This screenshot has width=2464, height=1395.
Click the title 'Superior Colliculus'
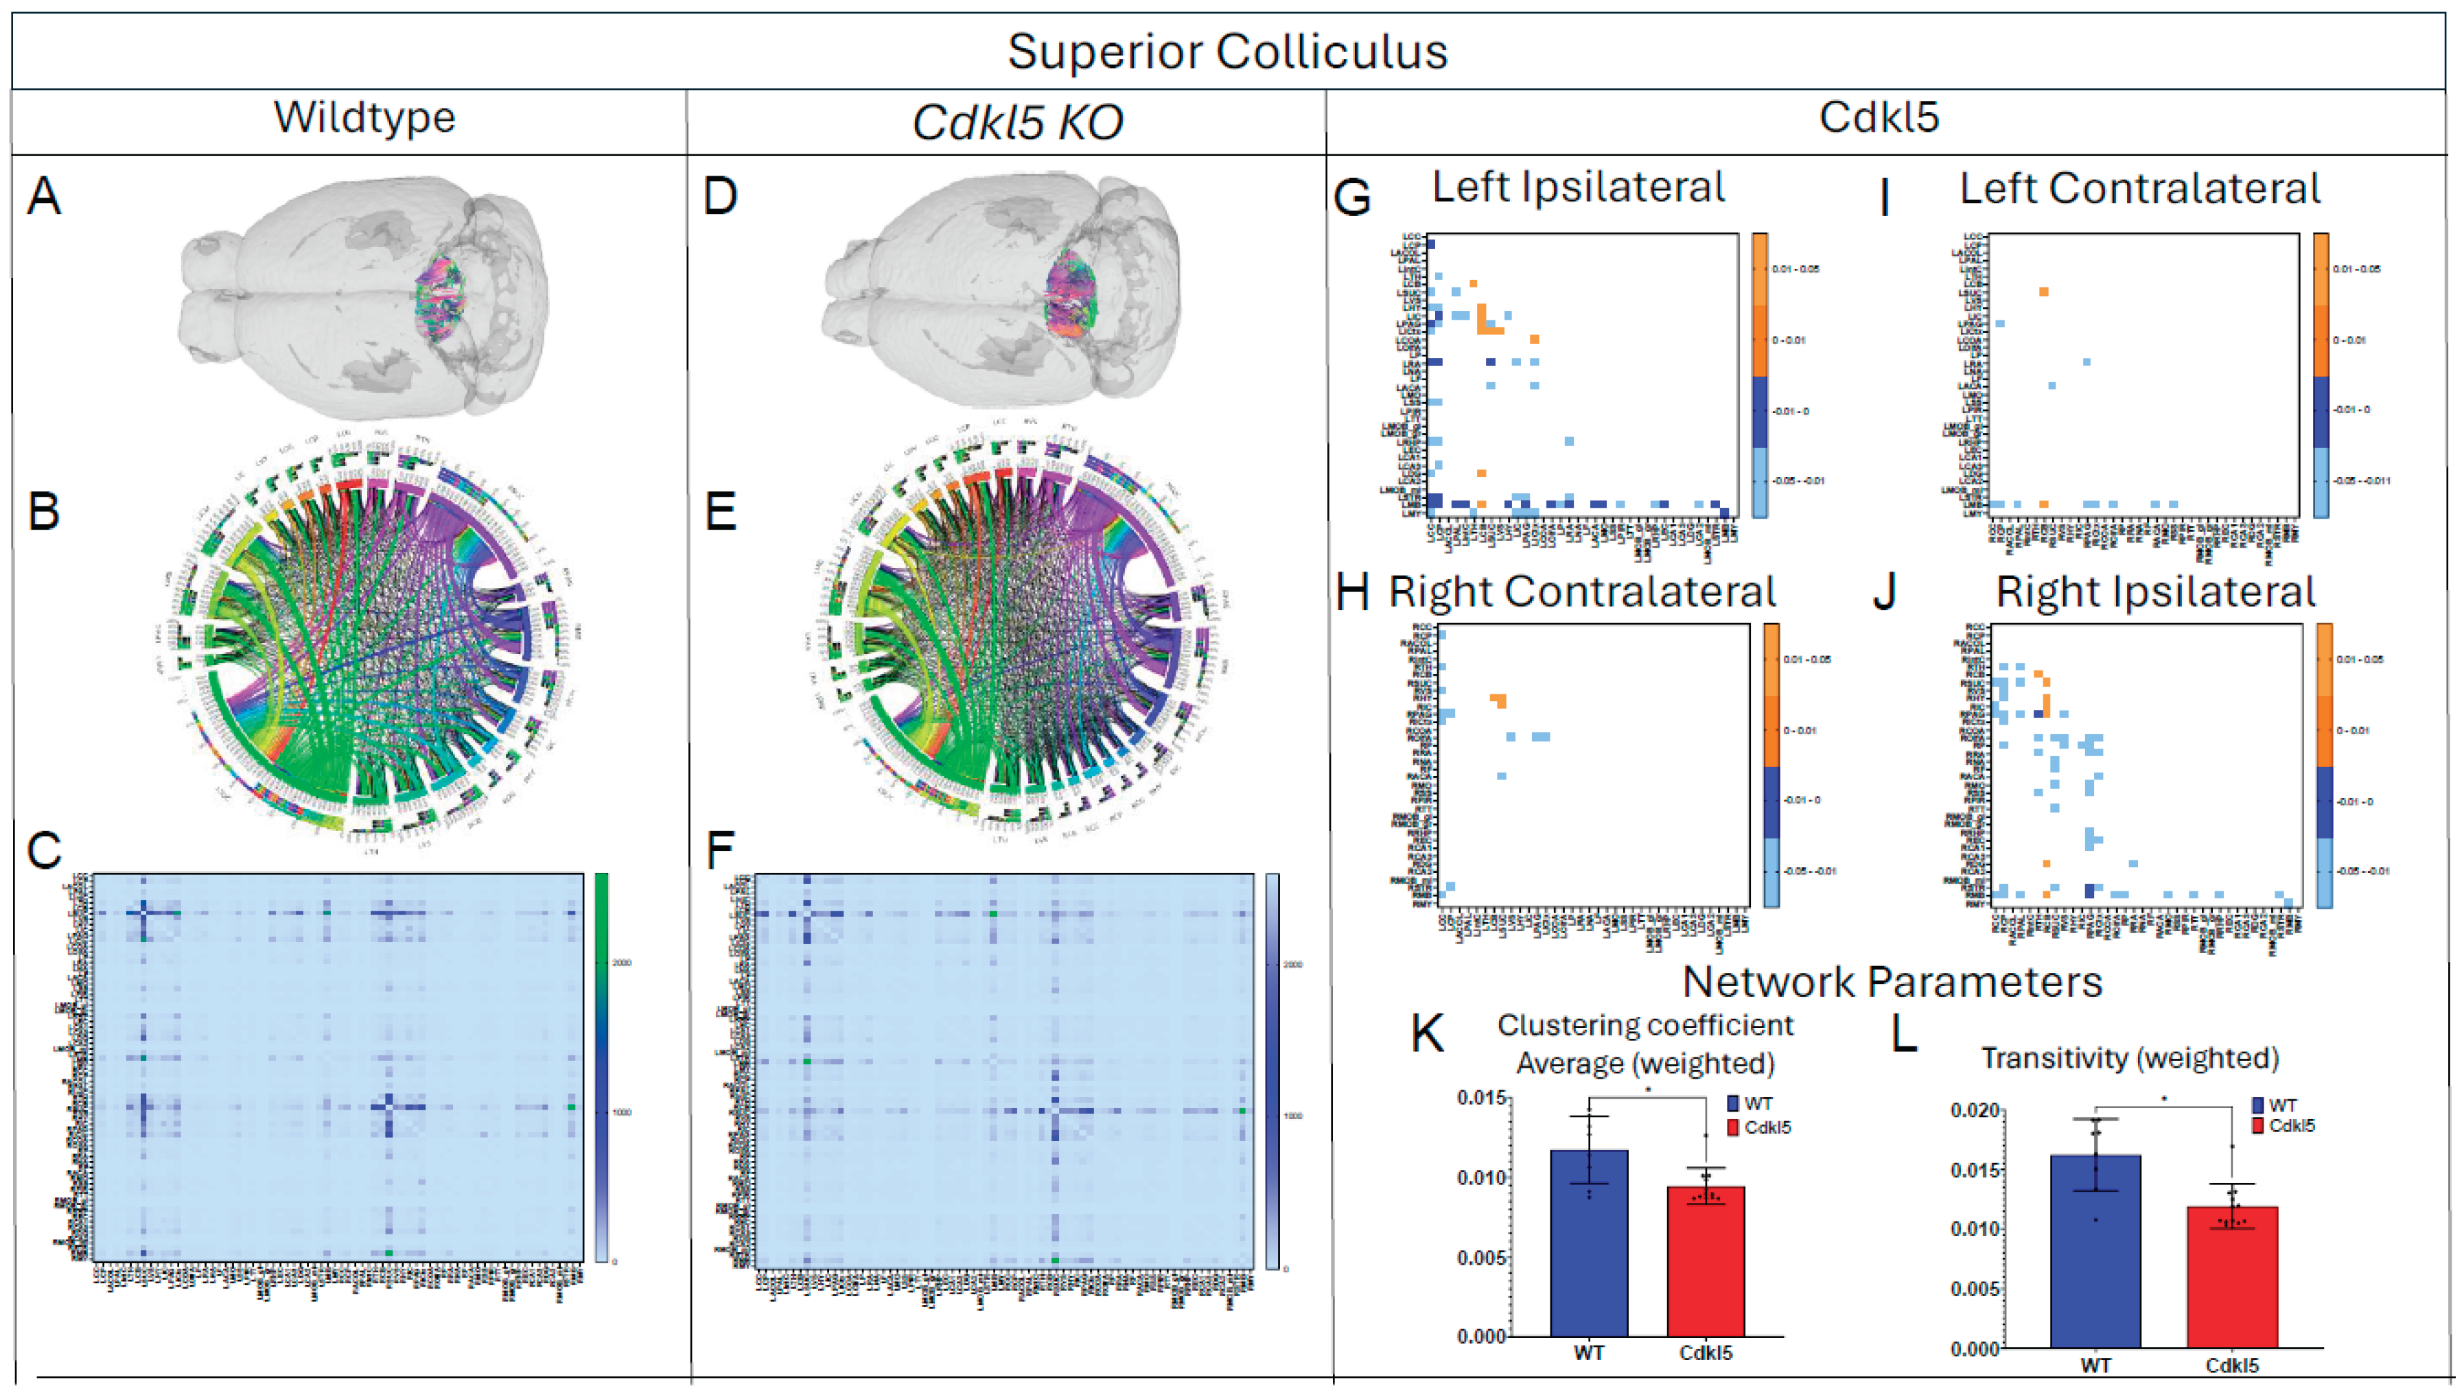click(1227, 51)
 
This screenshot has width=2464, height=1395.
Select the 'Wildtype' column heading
click(364, 118)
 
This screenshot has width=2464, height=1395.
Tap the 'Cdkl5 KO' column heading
click(1017, 121)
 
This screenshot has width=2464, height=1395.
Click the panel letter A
click(44, 196)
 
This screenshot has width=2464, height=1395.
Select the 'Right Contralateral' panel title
click(1582, 591)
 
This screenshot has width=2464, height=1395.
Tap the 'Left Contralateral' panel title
click(2139, 189)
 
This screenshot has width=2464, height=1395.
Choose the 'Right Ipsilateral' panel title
click(2155, 591)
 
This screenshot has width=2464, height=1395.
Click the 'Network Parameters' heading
click(1893, 982)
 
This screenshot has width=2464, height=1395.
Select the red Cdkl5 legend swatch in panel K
click(1733, 1127)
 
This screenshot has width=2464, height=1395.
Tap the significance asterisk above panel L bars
click(2164, 1100)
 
